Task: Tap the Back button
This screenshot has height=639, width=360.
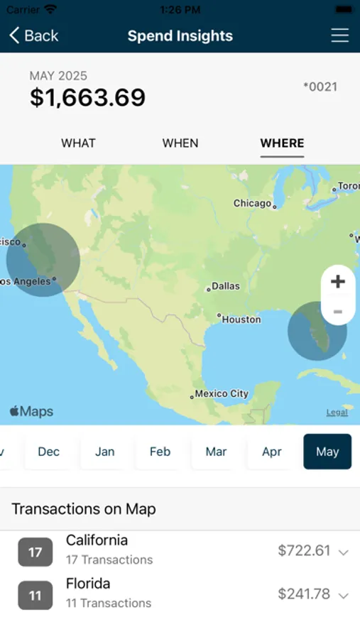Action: (33, 35)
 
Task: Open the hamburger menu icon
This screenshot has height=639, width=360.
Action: (340, 35)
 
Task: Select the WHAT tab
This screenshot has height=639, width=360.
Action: (78, 143)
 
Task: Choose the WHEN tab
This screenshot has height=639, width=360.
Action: (180, 143)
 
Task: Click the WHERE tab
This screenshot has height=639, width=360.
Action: (282, 143)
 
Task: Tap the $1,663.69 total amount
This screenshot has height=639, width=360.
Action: (87, 97)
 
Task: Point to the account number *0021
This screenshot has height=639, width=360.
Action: (320, 87)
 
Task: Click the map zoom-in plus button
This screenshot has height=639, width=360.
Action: (338, 281)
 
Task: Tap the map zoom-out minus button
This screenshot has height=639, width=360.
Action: (338, 312)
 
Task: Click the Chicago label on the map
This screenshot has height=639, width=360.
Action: (253, 203)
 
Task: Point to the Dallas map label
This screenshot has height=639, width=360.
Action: (225, 286)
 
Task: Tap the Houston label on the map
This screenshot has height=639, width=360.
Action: (241, 319)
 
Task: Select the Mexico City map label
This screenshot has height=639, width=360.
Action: (221, 393)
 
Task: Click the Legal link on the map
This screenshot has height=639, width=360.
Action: (337, 413)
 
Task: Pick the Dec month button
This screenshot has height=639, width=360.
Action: (49, 452)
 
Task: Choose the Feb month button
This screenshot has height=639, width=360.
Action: (160, 452)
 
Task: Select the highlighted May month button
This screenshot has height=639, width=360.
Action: (327, 452)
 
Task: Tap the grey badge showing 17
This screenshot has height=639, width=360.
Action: (36, 552)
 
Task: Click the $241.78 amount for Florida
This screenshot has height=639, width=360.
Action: (304, 594)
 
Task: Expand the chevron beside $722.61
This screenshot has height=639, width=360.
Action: (344, 552)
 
